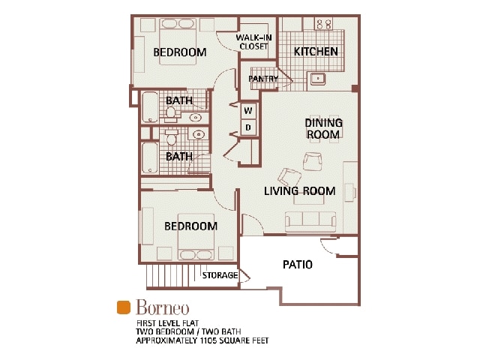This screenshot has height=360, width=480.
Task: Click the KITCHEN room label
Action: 316,52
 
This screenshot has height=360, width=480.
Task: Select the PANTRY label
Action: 263,79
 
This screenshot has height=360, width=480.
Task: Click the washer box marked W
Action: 249,112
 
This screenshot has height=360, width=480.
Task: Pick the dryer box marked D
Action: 249,127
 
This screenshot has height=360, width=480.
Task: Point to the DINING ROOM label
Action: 323,128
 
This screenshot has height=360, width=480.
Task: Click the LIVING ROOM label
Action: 299,190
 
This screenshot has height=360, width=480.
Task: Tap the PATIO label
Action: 298,265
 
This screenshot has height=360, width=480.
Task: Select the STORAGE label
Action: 220,276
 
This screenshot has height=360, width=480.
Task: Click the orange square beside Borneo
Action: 124,307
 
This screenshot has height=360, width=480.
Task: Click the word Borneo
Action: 163,307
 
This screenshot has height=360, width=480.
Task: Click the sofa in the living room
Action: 310,219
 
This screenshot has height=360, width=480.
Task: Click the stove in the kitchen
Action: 324,25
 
